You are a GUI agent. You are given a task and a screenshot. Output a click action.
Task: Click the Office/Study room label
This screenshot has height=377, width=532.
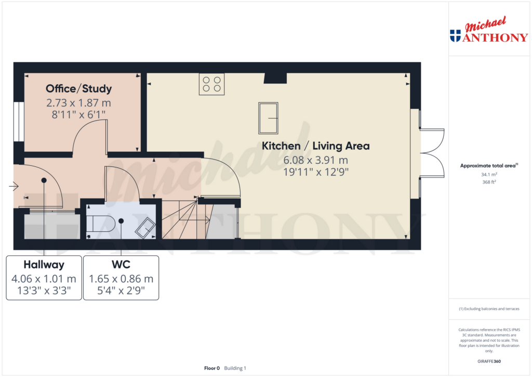pos(78,88)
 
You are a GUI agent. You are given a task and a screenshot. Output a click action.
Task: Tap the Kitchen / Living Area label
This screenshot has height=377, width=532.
pos(315,146)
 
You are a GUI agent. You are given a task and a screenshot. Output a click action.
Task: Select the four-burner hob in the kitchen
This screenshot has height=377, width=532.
pos(211,84)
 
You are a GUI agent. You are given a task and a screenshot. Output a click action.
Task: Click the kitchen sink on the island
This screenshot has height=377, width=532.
pos(268,118)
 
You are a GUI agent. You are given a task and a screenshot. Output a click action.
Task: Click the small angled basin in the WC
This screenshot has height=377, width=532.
pos(145,227)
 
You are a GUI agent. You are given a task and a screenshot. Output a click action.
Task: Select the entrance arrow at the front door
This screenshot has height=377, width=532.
pos(14,186)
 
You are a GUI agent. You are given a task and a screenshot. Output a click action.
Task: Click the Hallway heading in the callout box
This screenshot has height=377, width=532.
pos(44,264)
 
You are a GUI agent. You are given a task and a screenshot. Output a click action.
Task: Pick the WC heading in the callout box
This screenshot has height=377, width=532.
pos(121,264)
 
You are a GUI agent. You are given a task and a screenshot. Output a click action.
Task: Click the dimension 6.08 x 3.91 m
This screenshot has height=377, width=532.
pos(315,160)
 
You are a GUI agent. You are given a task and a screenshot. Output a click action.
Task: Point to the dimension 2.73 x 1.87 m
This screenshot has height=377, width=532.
pos(78,103)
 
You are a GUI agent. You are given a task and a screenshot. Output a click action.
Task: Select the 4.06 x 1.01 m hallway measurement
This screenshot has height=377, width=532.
pos(44,279)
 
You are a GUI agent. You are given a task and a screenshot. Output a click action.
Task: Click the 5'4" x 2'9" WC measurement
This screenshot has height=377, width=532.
pos(121,291)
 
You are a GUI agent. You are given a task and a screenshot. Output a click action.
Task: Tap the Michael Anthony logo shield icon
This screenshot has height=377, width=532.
pos(455,36)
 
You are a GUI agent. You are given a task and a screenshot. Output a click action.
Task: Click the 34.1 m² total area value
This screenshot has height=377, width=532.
pos(488,175)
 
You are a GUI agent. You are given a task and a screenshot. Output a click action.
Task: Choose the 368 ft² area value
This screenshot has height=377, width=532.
pos(488,183)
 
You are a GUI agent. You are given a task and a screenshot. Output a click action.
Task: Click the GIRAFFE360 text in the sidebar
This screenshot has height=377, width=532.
pos(488,361)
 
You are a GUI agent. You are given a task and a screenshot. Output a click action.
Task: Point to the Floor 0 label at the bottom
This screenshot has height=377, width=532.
pos(212,368)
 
